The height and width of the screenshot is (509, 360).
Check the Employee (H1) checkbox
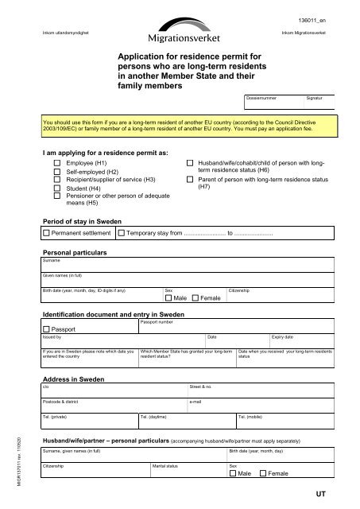[x=56, y=161]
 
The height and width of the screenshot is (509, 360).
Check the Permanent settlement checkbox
[x=46, y=234]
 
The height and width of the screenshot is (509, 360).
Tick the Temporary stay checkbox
[x=121, y=234]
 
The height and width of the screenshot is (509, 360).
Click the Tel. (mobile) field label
[x=252, y=417]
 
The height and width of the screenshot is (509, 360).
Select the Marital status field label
[x=165, y=464]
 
